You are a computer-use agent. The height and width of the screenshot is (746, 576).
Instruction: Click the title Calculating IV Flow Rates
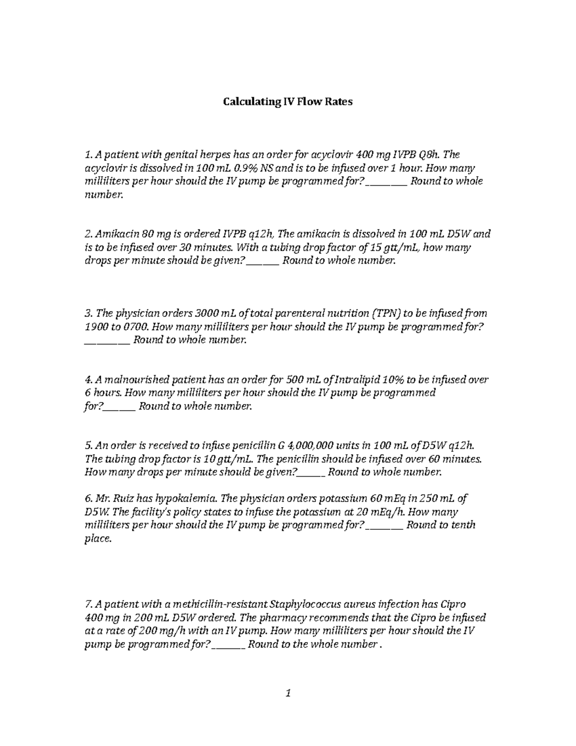click(x=287, y=102)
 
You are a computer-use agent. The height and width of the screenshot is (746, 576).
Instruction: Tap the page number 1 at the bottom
click(x=288, y=693)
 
